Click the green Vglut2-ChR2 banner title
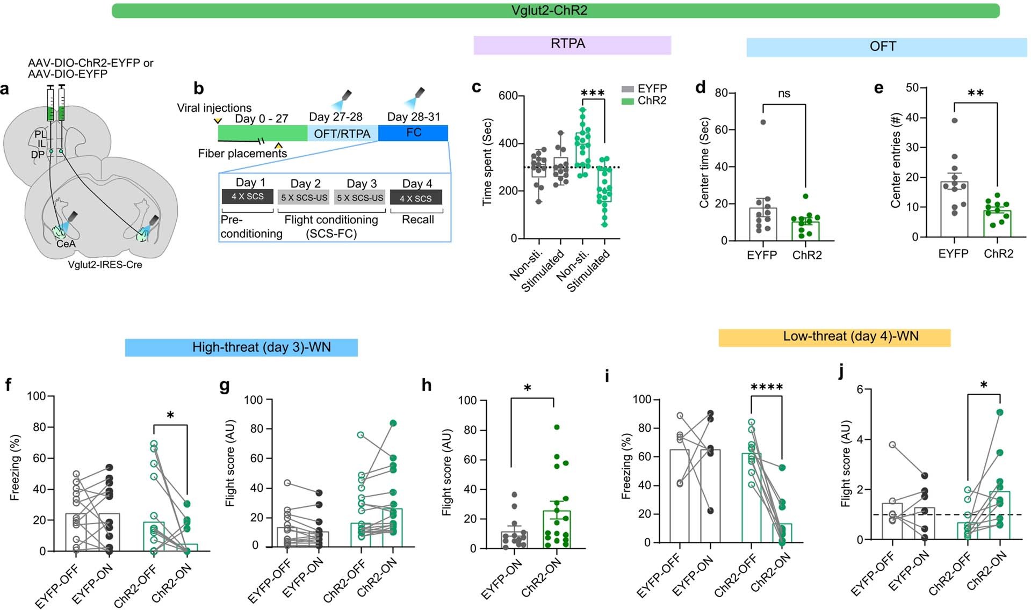tap(549, 11)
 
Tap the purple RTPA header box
tap(572, 45)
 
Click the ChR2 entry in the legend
tap(651, 101)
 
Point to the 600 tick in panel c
tap(508, 96)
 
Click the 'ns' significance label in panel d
tap(784, 94)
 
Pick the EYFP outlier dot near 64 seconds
tap(763, 122)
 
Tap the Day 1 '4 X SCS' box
tap(248, 197)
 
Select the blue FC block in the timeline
tap(413, 133)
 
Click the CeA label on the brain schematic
tap(66, 244)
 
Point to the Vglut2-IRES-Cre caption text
tap(105, 265)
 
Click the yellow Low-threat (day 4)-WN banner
tap(834, 337)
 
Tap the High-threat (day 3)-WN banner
tap(241, 347)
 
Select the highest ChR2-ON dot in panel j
tap(999, 412)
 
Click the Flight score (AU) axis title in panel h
tap(446, 473)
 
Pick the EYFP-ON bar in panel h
tap(514, 540)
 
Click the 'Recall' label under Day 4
tap(417, 220)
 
